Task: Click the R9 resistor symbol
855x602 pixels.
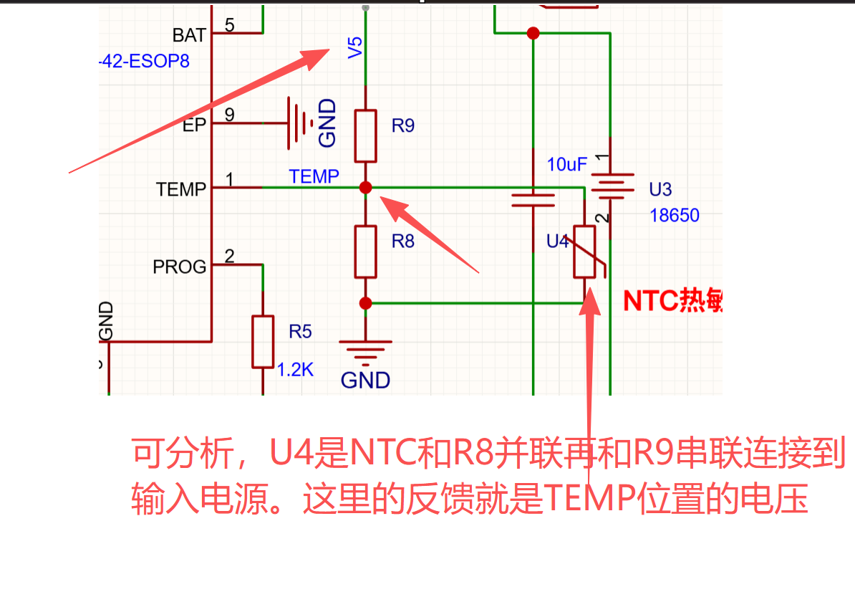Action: tap(365, 135)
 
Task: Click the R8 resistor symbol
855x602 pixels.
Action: tap(365, 252)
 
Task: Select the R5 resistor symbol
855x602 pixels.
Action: tap(263, 340)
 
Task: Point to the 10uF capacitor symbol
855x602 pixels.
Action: tap(533, 199)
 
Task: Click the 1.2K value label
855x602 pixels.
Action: tap(295, 370)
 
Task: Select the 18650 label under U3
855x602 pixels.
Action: tap(674, 215)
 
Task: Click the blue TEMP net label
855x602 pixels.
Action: tap(314, 176)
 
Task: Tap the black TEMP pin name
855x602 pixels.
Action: tap(180, 189)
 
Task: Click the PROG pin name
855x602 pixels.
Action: tap(179, 267)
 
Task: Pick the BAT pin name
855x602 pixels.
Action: tap(189, 34)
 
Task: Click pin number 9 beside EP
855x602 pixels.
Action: tap(229, 114)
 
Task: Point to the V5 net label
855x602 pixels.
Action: tap(355, 47)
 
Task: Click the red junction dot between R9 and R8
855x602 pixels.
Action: tap(365, 187)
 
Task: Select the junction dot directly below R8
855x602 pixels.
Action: tap(365, 303)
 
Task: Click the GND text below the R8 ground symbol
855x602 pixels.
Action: tap(365, 379)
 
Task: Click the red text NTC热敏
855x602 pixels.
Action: tap(672, 301)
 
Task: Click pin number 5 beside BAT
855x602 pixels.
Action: tap(229, 25)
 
